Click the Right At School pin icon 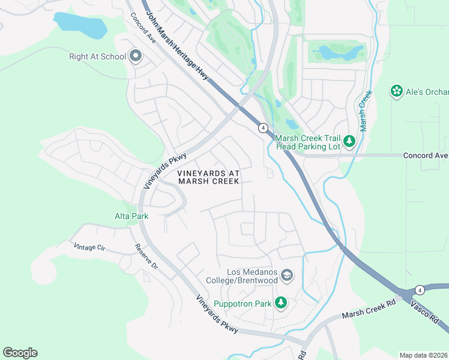pos(135,57)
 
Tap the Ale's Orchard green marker pos(396,91)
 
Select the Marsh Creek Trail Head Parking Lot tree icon pos(349,142)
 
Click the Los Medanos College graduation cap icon pos(287,275)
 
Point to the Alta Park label pos(131,216)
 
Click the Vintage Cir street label pos(88,247)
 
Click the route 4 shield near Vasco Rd pos(419,290)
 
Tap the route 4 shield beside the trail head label pos(262,127)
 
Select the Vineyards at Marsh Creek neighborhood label pos(208,177)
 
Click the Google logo pos(20,353)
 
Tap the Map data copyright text pos(423,355)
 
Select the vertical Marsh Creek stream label pos(363,110)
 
